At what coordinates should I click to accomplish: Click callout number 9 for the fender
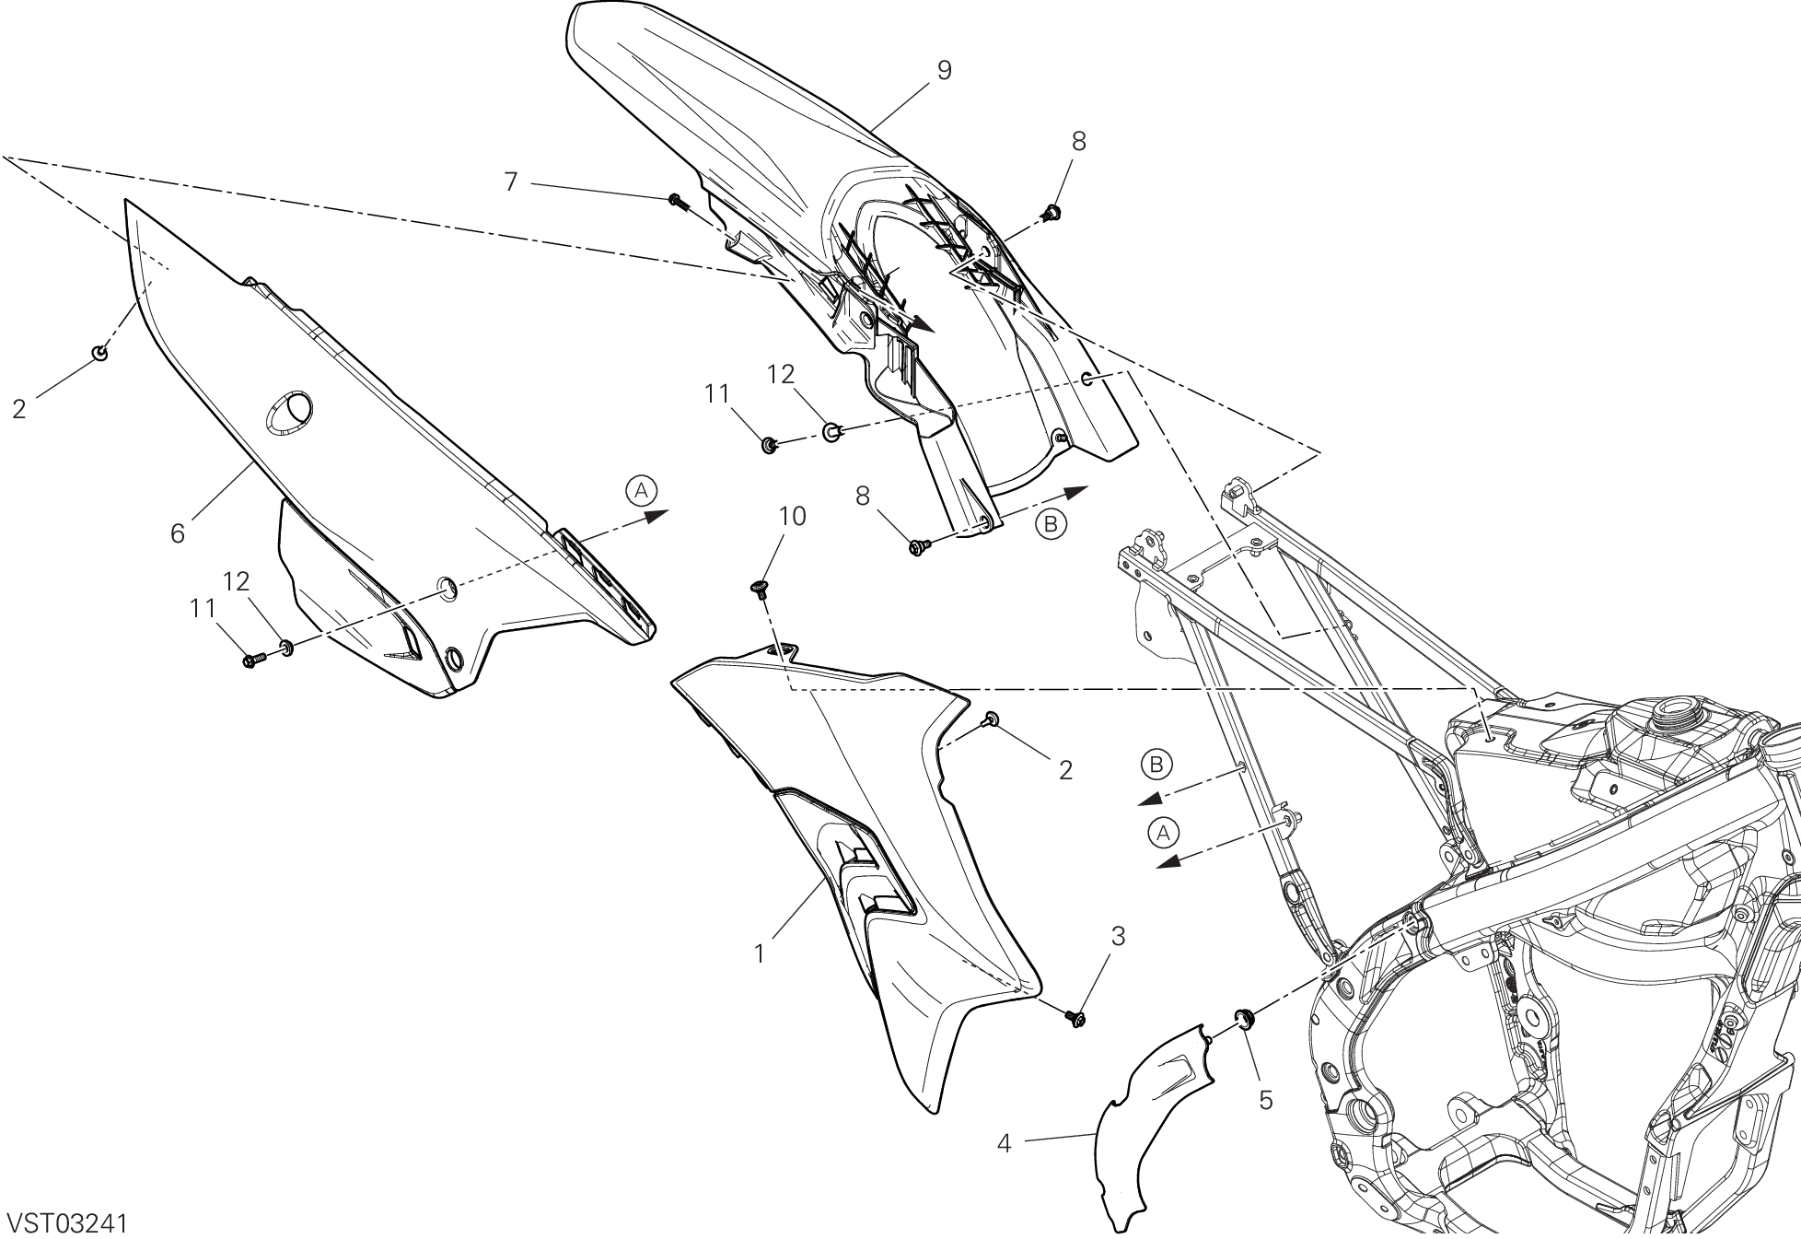click(x=943, y=70)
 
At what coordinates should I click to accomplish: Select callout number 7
click(x=511, y=182)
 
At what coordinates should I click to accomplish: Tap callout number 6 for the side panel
click(x=178, y=532)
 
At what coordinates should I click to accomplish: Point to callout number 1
click(x=760, y=954)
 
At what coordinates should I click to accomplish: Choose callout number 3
click(x=1118, y=938)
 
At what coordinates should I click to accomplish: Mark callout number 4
click(x=1004, y=1144)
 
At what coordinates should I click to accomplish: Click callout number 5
click(x=1265, y=1100)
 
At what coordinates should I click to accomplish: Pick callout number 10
click(x=792, y=517)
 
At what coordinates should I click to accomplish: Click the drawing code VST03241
click(x=66, y=1223)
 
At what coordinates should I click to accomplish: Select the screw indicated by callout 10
click(x=761, y=589)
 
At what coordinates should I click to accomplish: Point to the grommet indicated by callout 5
click(x=1244, y=1017)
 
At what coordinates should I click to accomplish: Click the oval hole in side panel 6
click(x=289, y=410)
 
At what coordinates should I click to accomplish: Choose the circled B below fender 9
click(x=1051, y=524)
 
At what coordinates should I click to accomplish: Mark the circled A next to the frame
click(x=1163, y=833)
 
